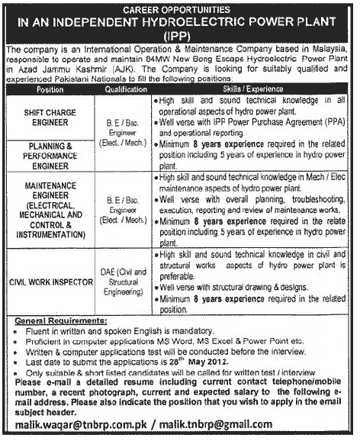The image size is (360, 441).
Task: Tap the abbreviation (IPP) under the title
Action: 179,34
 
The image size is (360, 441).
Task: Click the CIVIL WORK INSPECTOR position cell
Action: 50,282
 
